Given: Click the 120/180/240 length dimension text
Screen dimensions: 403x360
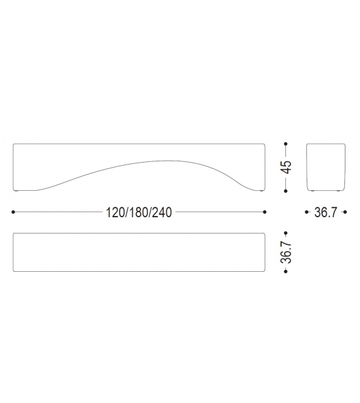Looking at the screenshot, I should pos(139,213).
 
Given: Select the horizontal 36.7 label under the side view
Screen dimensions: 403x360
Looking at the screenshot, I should pos(325,213).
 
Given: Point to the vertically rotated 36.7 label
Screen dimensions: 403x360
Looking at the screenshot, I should pos(286,251).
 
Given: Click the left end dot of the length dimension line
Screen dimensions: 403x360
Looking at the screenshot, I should pos(13,212).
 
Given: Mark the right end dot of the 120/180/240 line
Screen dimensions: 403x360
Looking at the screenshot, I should pos(265,212).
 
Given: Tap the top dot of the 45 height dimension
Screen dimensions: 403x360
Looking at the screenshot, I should pos(286,144).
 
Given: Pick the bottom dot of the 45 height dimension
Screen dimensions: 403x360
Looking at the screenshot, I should pos(286,191).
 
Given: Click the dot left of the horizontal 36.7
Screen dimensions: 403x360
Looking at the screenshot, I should pos(307,212).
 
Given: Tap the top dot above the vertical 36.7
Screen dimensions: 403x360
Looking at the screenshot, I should pos(286,232).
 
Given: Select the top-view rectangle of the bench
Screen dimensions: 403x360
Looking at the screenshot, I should pos(139,251).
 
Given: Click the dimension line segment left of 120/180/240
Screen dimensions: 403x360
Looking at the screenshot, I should pos(56,212).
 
